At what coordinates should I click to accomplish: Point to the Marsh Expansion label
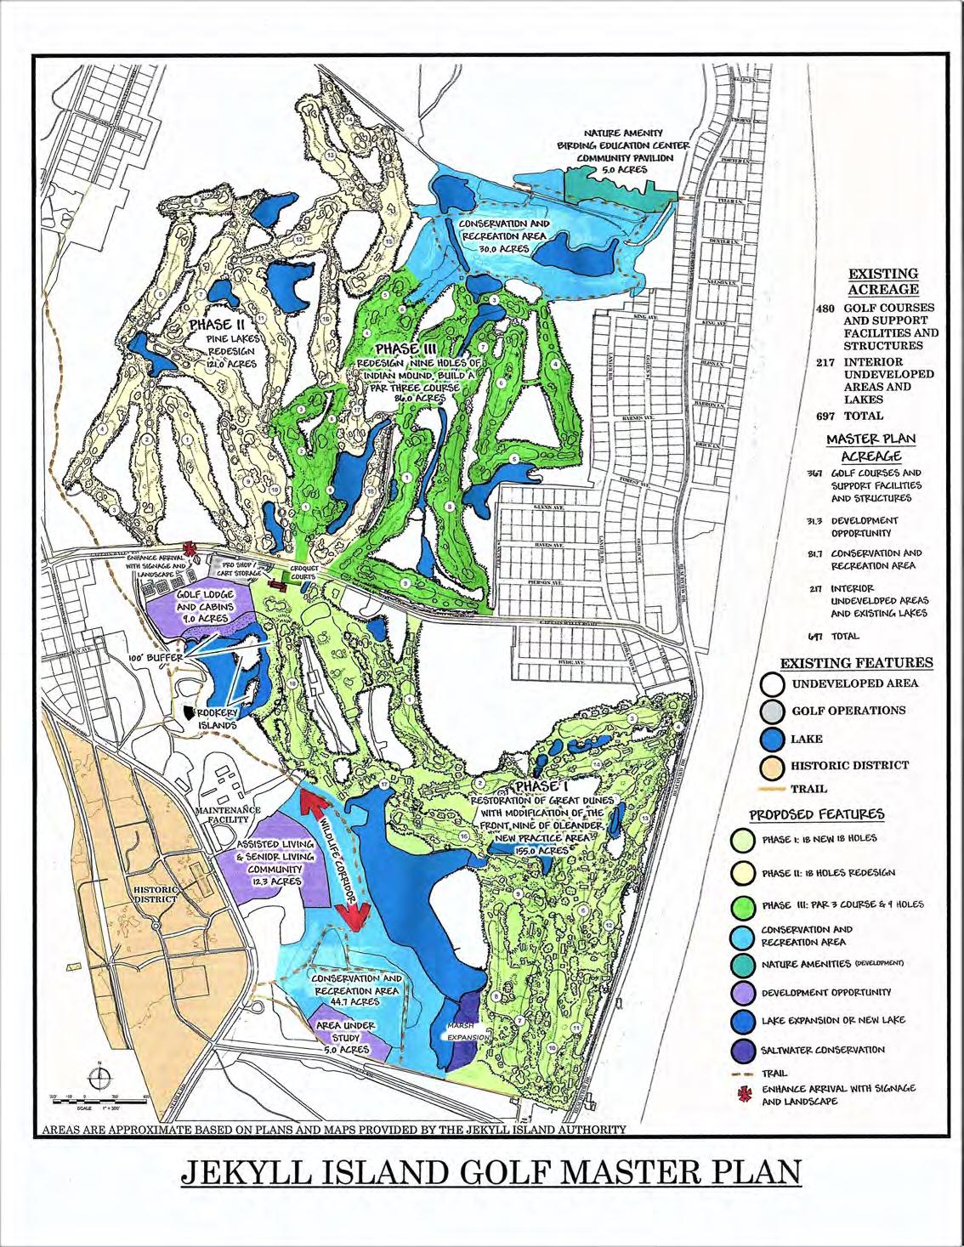click(468, 1031)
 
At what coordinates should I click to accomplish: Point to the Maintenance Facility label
click(224, 814)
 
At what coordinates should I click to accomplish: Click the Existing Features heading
click(857, 662)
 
